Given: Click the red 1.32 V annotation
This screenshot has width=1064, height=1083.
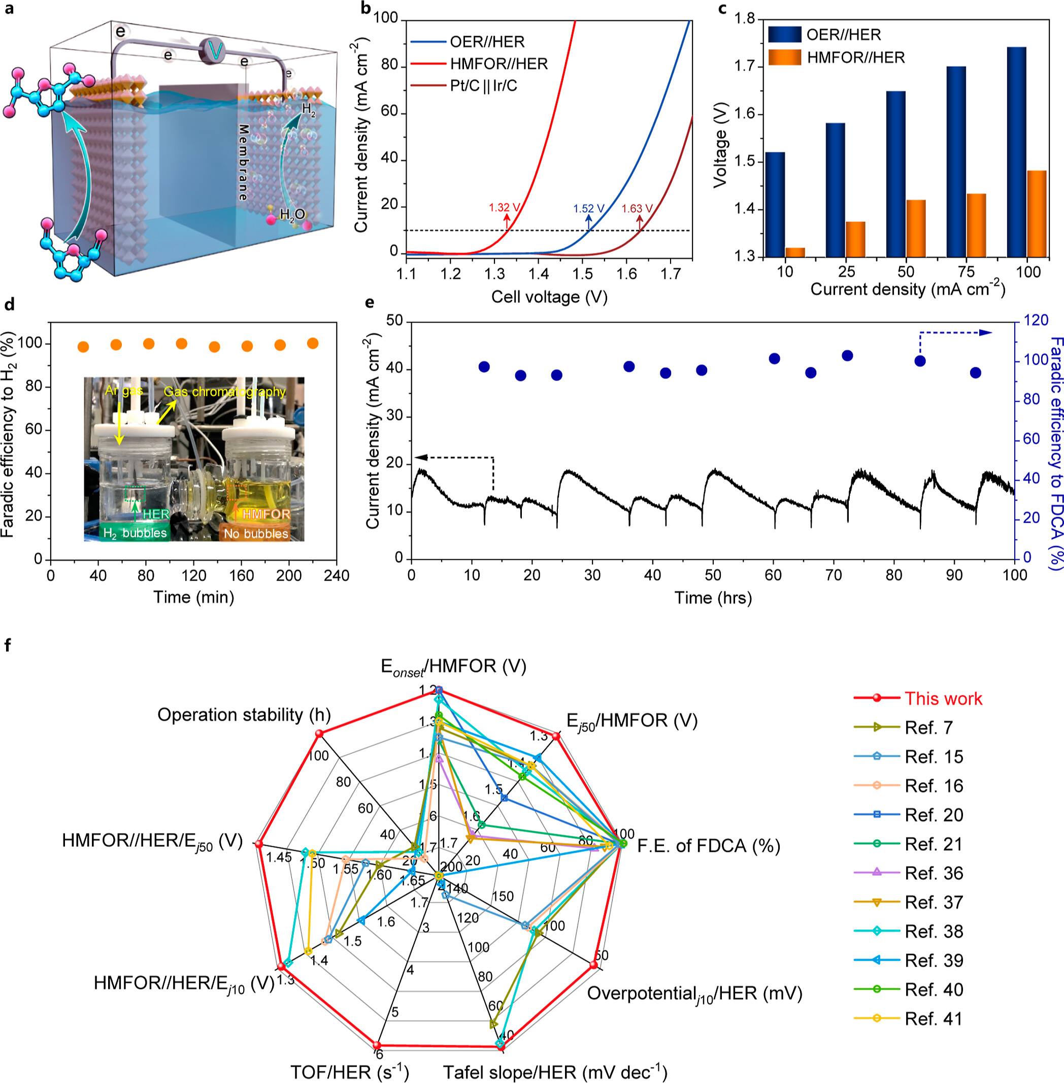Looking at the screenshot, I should [504, 208].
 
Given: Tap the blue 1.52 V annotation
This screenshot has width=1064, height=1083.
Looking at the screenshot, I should [588, 209].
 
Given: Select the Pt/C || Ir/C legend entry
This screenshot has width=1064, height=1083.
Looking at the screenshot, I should [483, 85].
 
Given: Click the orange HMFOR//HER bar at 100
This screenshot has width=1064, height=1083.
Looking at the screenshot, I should [1037, 213].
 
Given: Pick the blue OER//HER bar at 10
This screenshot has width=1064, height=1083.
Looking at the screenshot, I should [775, 204].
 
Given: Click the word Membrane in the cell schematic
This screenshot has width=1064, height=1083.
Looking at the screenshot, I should [243, 162].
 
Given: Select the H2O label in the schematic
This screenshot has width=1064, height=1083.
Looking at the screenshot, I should [292, 214].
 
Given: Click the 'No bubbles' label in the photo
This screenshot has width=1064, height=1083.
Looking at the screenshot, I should [256, 533].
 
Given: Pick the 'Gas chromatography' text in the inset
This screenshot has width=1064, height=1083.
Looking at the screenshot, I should [225, 391].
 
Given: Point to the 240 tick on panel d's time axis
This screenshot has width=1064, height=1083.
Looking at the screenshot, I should [337, 576].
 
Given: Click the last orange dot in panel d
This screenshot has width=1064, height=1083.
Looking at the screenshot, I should [313, 343].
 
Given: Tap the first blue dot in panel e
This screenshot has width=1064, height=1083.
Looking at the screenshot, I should [484, 367].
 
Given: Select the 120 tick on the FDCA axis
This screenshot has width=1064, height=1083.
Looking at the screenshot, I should [1036, 321].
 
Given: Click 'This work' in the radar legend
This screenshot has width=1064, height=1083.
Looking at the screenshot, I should [943, 698].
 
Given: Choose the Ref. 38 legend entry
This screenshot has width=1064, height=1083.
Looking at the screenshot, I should [934, 932].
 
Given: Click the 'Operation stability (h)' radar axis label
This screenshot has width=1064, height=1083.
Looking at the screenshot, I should [244, 715].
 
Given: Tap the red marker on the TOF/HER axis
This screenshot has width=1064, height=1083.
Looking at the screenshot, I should [378, 1044].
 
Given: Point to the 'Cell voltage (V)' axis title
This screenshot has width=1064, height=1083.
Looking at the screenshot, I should [549, 297].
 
